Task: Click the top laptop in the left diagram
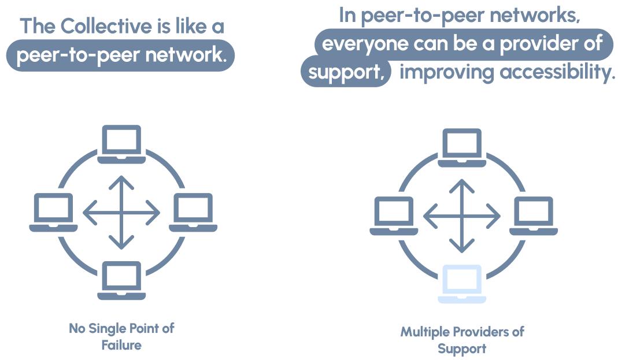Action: (x=121, y=144)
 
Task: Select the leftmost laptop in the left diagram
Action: (x=53, y=212)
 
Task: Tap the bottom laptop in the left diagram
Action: (x=121, y=280)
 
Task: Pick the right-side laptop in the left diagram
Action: (x=193, y=212)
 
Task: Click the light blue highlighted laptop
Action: (x=461, y=284)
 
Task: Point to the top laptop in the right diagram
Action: (x=461, y=147)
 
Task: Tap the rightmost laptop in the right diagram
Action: (x=533, y=216)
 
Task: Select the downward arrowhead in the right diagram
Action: (x=461, y=248)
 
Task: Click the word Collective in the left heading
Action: (x=110, y=27)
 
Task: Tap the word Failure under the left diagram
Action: (x=121, y=346)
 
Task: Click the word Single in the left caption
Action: (x=108, y=328)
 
